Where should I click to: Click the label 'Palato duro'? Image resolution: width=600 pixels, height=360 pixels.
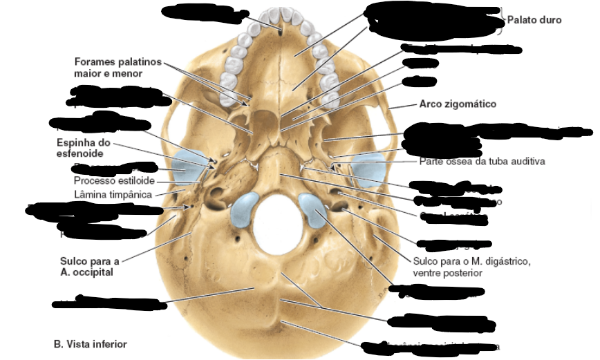click(534, 20)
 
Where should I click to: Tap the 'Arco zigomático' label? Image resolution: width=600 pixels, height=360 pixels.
click(458, 104)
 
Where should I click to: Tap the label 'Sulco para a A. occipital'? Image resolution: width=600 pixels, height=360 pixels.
click(89, 266)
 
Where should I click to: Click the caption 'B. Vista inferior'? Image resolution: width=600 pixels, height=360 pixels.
click(90, 343)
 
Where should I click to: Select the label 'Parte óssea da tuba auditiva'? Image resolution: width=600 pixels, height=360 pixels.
click(482, 162)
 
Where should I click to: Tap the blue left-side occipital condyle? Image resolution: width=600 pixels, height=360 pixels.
click(245, 210)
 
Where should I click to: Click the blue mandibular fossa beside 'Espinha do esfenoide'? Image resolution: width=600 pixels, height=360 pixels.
click(189, 166)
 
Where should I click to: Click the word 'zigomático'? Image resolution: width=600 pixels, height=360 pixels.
click(472, 104)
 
